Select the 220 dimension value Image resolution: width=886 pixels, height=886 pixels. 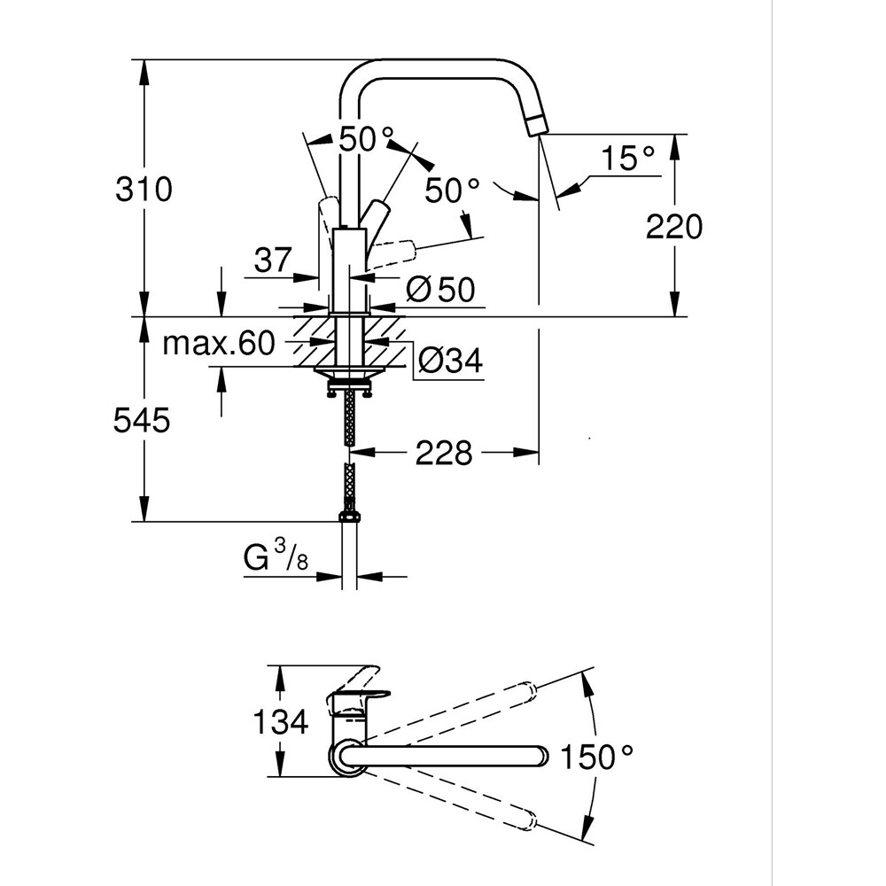click(x=673, y=227)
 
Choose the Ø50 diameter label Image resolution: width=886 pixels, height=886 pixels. click(x=440, y=289)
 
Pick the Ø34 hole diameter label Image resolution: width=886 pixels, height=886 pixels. click(x=449, y=361)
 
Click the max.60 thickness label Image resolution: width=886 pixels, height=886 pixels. click(x=218, y=345)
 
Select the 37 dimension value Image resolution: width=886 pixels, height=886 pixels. click(x=274, y=260)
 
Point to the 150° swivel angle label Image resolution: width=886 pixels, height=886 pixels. click(x=598, y=757)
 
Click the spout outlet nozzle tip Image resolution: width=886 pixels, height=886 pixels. click(x=536, y=127)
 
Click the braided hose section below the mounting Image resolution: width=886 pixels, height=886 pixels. click(x=350, y=420)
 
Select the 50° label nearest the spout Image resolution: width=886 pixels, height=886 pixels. click(x=452, y=190)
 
